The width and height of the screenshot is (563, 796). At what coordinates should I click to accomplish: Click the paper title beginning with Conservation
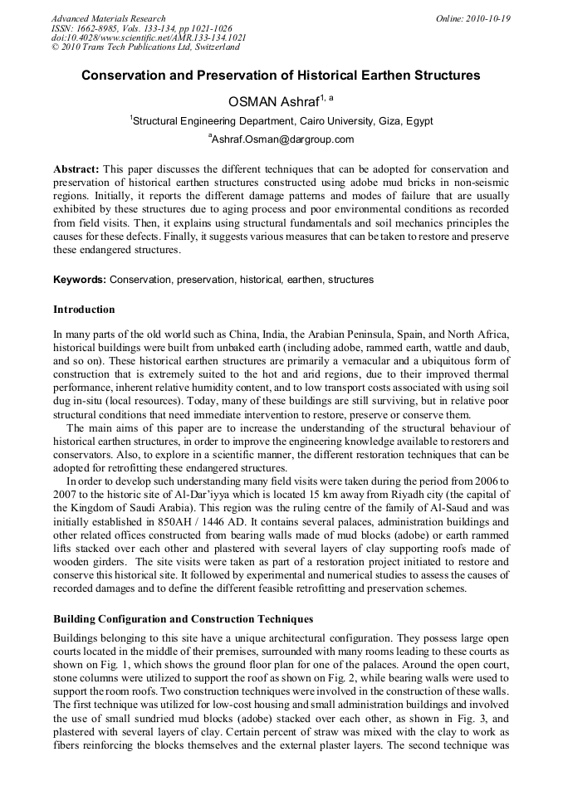coord(281,75)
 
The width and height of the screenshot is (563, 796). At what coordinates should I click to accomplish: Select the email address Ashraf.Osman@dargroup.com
coord(282,139)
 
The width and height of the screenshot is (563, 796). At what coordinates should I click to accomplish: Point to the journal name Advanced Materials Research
coord(108,18)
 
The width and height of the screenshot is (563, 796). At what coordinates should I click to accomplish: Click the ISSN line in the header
coord(141,28)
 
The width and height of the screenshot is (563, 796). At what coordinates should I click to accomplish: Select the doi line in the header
coord(148,37)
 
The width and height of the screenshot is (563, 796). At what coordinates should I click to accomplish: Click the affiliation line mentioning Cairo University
coord(282,121)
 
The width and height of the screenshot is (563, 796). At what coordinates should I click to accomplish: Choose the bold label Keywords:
coord(80,280)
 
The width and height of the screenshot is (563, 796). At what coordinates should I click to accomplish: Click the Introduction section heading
coord(84,310)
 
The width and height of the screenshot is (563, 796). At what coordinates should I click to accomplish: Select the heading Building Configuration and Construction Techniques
coord(183,619)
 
